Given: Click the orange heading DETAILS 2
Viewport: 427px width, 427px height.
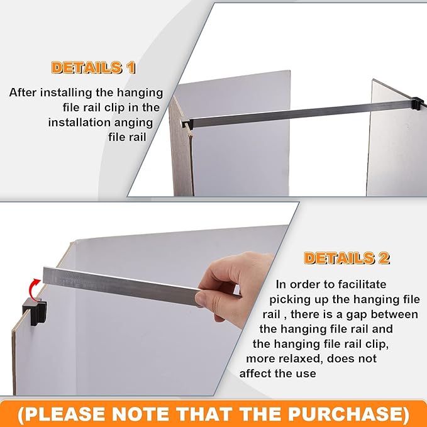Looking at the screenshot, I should point(347,258).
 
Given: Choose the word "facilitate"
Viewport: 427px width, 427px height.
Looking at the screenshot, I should point(359,284).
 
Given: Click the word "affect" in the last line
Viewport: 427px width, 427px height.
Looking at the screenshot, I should point(258,374).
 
